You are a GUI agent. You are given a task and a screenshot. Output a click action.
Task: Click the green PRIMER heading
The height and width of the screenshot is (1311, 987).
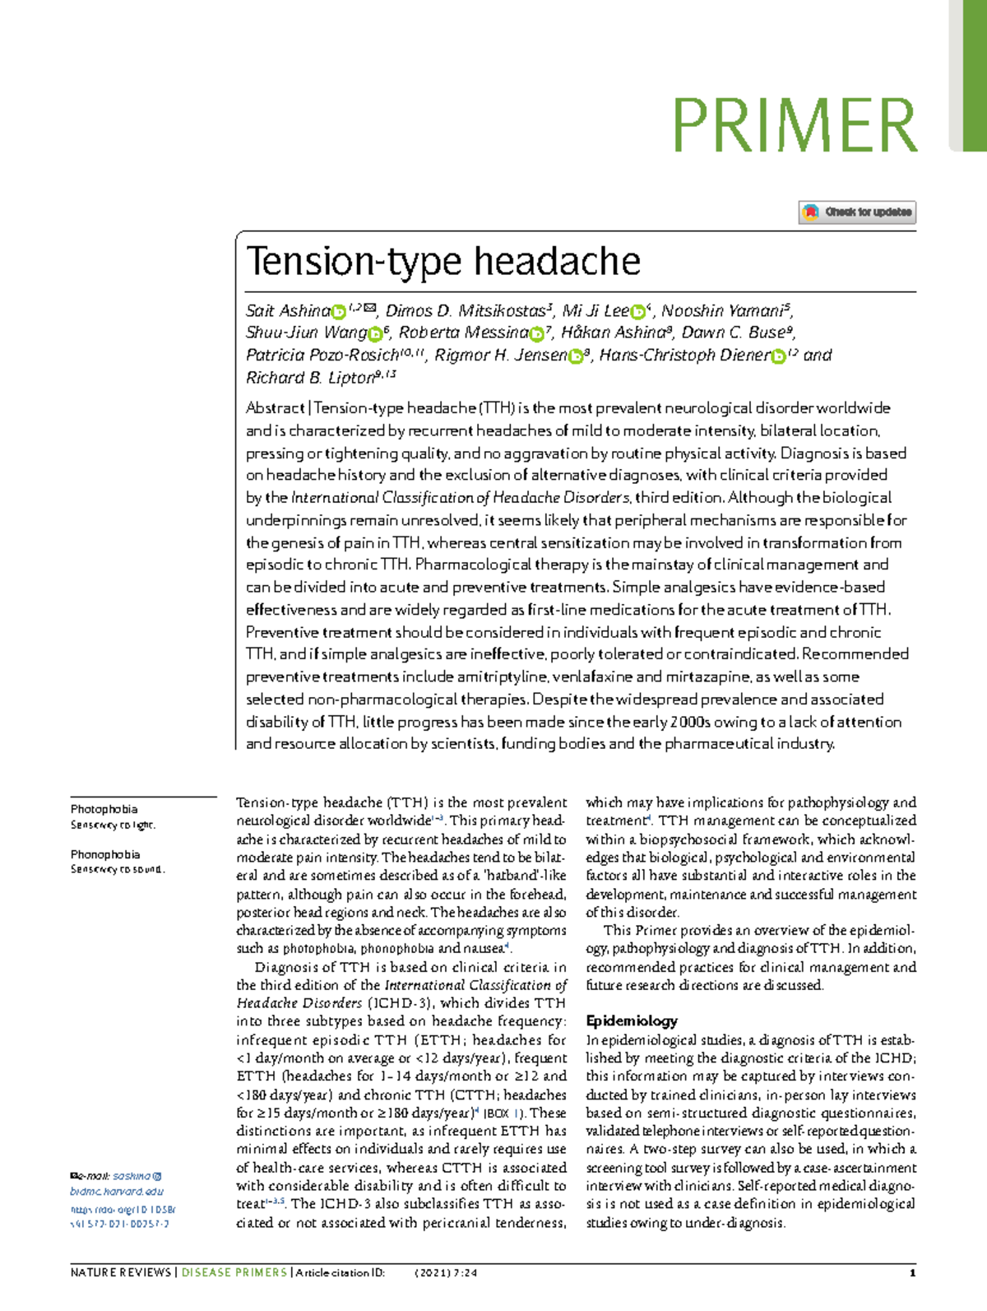pos(795,125)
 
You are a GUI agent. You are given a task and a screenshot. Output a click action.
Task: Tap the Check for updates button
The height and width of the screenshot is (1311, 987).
pos(857,212)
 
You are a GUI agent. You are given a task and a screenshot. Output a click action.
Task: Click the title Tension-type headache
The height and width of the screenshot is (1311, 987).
pos(443,262)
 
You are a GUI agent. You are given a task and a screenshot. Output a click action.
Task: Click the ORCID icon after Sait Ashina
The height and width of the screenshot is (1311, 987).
pos(338,312)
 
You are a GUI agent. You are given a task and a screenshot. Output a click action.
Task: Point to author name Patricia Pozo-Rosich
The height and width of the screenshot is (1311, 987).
pos(322,356)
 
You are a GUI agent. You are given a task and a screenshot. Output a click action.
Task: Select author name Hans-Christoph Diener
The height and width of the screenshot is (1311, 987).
pos(683,356)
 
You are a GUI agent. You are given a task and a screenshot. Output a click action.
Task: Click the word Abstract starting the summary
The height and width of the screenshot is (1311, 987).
pos(275,408)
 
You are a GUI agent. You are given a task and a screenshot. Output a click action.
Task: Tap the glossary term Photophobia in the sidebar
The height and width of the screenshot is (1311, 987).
pos(104,809)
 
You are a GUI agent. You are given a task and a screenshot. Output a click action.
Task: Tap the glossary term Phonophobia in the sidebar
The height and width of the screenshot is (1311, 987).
pos(104,854)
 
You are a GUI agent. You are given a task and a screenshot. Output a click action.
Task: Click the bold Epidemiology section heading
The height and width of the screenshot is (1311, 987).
pos(631,1020)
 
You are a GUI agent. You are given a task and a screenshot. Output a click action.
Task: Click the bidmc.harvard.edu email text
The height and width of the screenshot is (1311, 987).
pos(117,1191)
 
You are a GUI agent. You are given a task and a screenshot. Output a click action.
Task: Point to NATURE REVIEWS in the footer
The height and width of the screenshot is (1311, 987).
pos(120,1272)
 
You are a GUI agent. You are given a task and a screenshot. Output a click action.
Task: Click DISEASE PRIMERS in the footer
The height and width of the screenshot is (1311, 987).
pos(234,1272)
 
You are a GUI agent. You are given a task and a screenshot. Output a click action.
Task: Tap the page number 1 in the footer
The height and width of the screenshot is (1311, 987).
pos(912,1272)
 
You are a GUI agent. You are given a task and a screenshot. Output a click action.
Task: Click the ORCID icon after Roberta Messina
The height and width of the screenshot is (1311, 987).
pos(538,334)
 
